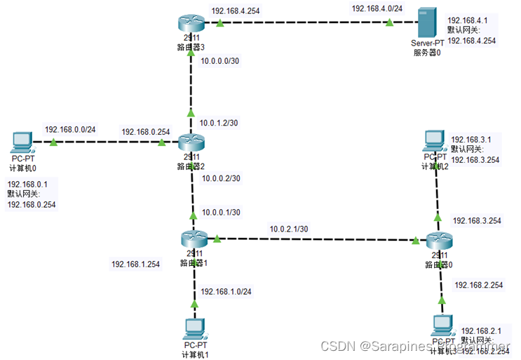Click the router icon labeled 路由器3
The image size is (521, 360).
click(189, 25)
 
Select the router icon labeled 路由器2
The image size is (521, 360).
click(189, 143)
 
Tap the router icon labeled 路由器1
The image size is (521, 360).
click(189, 240)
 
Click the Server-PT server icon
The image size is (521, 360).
click(425, 24)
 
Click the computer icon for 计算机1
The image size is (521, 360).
click(194, 328)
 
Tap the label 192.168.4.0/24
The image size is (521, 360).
click(377, 8)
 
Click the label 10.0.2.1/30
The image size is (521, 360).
click(290, 229)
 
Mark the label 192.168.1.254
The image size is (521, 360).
click(136, 265)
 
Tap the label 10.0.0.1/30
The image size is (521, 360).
click(220, 212)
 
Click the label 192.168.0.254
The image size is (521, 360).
click(146, 131)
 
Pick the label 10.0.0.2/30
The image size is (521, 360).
click(220, 178)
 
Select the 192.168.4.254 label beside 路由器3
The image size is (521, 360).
click(237, 11)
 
